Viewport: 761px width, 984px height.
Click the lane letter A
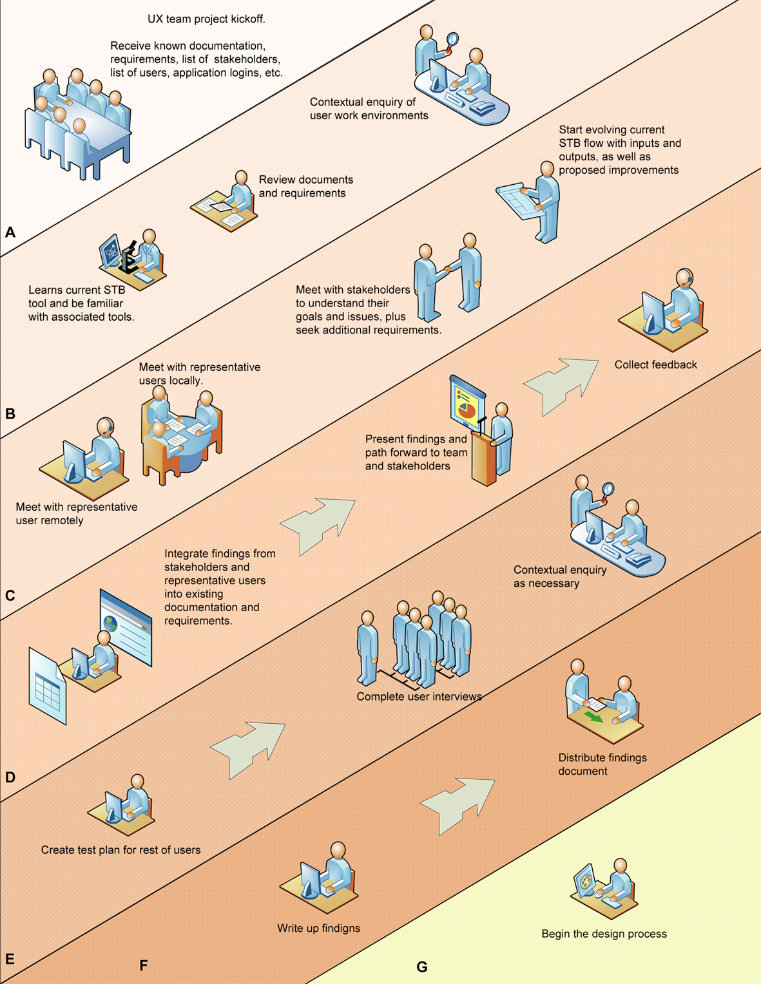(10, 232)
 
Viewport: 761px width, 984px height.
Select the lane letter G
(422, 966)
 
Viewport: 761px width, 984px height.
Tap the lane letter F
(144, 965)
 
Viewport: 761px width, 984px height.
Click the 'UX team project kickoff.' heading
(206, 19)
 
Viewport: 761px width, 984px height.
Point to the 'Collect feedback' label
(655, 365)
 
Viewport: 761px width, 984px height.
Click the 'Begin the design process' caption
(604, 934)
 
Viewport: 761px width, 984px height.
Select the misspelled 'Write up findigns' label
(318, 928)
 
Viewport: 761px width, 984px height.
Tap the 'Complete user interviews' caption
(419, 697)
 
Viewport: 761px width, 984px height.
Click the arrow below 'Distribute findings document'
(458, 802)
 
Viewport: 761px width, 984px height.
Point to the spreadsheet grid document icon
(48, 686)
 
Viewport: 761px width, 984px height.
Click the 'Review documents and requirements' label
(305, 187)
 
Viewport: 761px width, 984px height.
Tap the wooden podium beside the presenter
(483, 459)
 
